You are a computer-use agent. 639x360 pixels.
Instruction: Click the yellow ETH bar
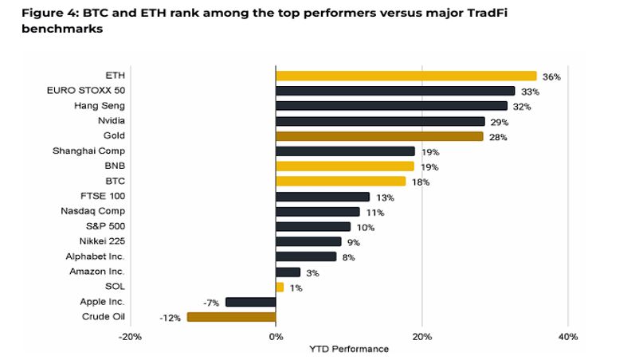406,76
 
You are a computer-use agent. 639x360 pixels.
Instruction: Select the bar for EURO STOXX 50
395,91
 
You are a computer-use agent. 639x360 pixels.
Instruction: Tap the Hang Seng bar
391,106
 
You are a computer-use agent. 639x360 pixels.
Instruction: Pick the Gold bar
379,136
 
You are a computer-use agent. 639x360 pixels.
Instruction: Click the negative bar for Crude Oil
231,317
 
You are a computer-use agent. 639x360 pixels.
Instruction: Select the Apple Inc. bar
250,302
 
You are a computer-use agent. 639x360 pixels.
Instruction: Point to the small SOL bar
280,287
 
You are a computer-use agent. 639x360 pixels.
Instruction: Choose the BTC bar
340,182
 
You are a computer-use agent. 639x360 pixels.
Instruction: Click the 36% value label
551,76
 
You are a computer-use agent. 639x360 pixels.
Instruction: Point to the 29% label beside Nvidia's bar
498,122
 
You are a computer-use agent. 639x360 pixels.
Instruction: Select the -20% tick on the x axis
130,337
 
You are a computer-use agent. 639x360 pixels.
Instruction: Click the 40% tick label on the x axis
567,337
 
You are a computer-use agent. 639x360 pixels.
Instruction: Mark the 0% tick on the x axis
276,337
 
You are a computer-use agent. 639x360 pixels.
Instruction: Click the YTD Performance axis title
349,349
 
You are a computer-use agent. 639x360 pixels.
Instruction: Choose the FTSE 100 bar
323,197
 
